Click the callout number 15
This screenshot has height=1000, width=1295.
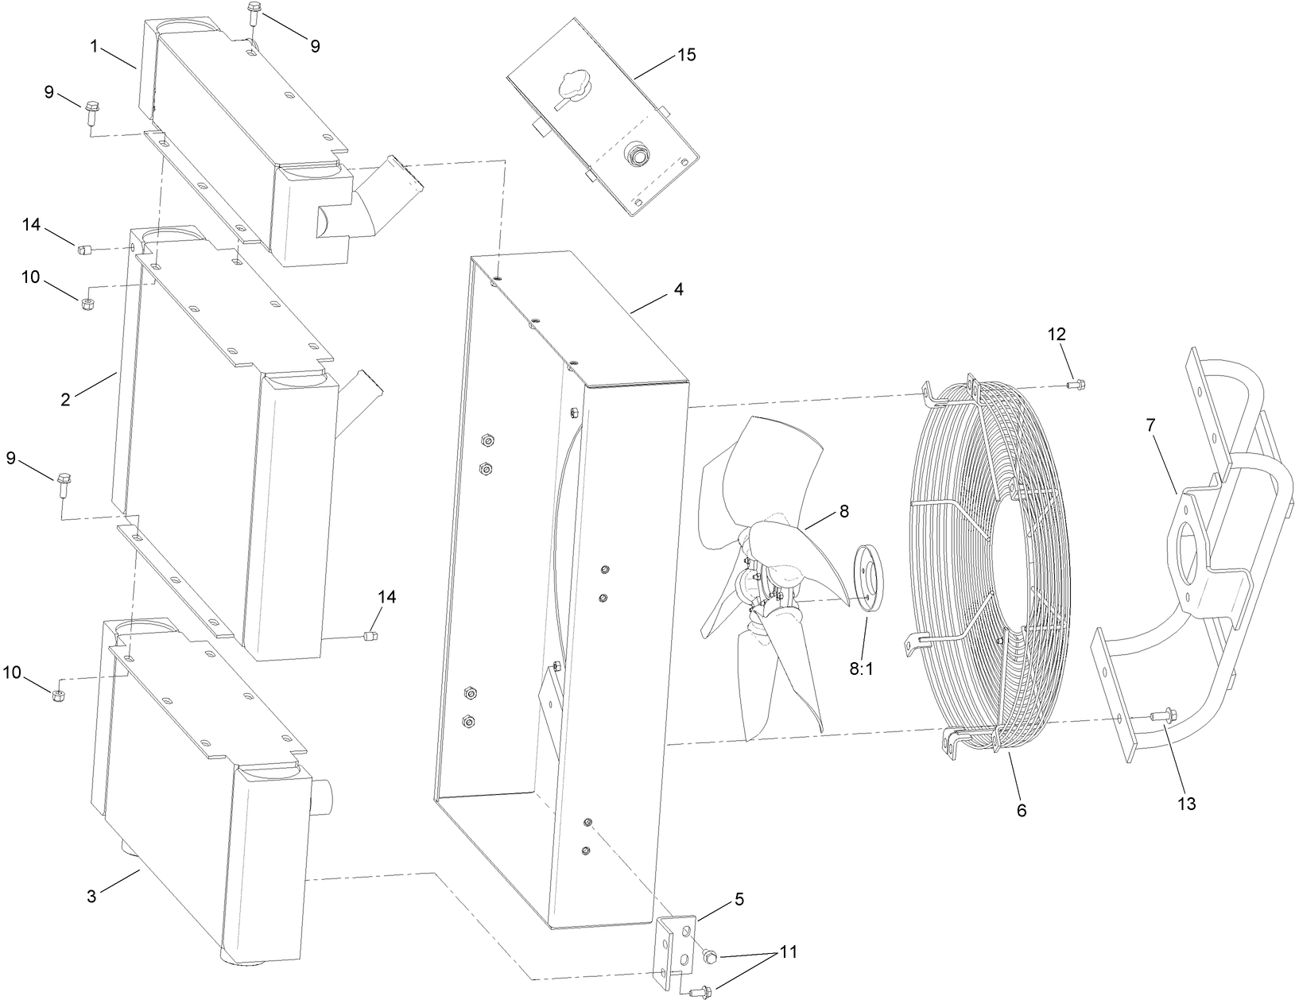(x=686, y=55)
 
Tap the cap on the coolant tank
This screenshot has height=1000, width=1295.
(x=571, y=85)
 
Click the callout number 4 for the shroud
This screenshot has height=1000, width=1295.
(x=678, y=290)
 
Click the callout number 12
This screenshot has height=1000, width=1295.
(x=1057, y=334)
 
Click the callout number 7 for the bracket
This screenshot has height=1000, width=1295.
(x=1150, y=425)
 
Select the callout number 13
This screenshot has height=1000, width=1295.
(x=1186, y=804)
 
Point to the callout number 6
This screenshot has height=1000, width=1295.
(x=1022, y=810)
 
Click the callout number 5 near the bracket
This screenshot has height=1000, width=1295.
(x=739, y=900)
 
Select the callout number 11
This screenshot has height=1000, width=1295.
(x=789, y=952)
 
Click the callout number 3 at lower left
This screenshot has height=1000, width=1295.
(x=91, y=897)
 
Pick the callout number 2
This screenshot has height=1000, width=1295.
(x=65, y=400)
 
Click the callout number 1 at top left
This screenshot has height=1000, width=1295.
(x=94, y=46)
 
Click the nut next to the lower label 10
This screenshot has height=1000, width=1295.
(x=57, y=696)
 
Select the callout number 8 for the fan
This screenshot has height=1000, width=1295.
(x=843, y=512)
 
